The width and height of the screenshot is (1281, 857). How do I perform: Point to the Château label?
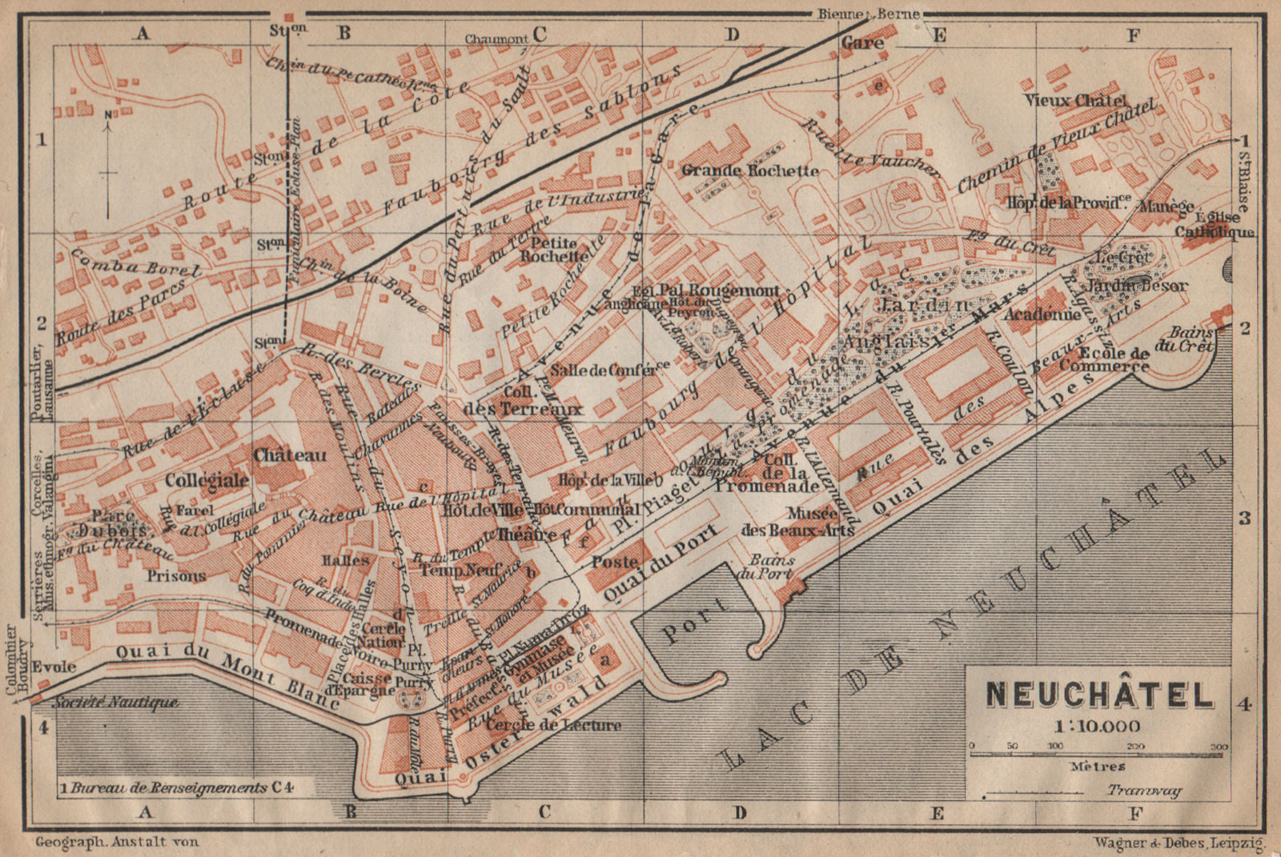point(290,455)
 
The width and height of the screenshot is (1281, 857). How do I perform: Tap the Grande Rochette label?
point(749,170)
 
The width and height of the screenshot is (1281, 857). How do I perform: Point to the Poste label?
point(615,563)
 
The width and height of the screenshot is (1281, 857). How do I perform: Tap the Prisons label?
point(176,575)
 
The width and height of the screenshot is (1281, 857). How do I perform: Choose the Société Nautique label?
point(115,702)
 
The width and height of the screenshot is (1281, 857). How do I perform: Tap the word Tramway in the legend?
point(1144,791)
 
